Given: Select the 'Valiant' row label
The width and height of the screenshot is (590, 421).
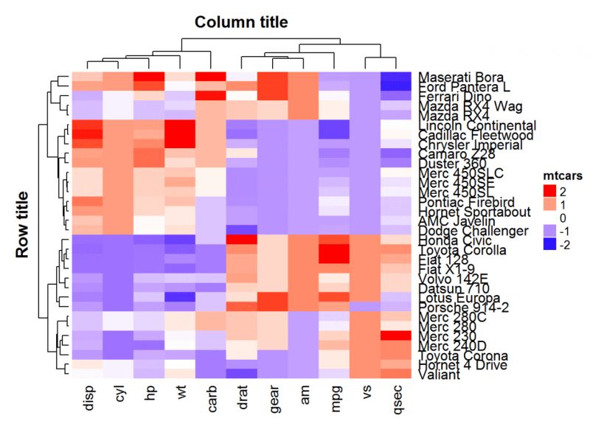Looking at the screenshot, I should click(439, 375).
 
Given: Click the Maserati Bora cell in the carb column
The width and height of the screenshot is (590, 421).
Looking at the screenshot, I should click(211, 77).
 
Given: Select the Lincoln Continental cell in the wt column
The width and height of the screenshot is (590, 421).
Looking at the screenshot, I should click(180, 125).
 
